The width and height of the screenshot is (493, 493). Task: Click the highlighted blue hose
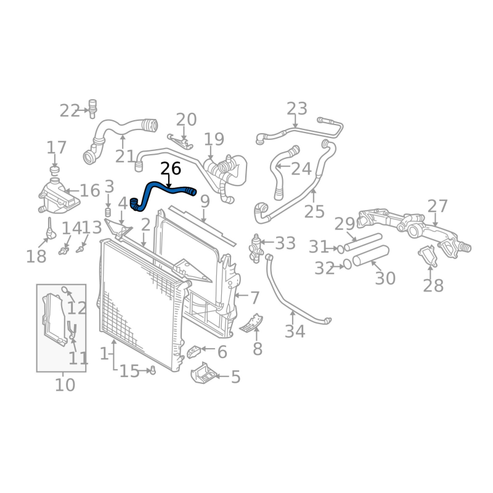coord(161,187)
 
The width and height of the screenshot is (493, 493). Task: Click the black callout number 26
coord(171,168)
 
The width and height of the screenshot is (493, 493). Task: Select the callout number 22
coord(70,111)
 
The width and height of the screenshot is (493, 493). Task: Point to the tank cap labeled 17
coord(54,169)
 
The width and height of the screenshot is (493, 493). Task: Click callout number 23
coord(296,109)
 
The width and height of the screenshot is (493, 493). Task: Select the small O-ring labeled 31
coord(340,249)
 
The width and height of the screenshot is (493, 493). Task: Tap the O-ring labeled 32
coord(347,264)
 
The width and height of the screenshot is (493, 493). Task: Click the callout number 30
coord(385,278)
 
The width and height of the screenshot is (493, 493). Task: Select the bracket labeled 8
coord(253,324)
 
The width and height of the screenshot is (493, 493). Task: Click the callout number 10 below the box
coord(65,385)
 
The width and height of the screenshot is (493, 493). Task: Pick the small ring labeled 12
coord(65,290)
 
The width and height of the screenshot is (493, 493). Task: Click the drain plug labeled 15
coord(152,370)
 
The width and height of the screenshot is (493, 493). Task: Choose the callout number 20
coord(186,120)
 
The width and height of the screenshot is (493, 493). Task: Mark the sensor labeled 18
coord(49,233)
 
